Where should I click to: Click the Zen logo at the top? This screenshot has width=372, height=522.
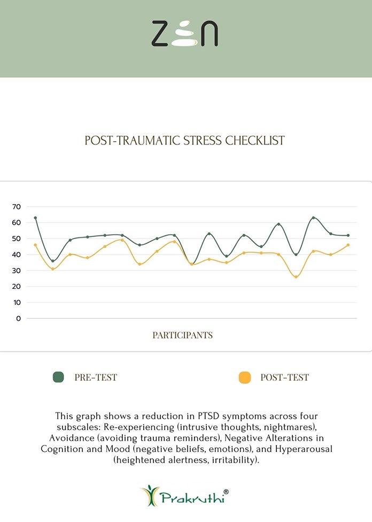click(x=184, y=33)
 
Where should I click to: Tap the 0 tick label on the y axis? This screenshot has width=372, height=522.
click(x=18, y=318)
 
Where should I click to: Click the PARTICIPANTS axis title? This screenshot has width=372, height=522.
click(x=182, y=335)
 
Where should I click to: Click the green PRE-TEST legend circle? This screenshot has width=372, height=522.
click(x=58, y=377)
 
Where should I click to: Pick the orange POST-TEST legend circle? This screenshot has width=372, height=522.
click(x=244, y=377)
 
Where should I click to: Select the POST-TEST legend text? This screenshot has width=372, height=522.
click(x=284, y=377)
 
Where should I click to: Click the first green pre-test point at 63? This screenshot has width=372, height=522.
click(x=35, y=218)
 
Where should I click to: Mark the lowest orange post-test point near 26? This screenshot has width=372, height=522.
click(x=296, y=277)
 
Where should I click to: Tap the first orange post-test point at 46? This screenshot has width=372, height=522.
click(x=35, y=245)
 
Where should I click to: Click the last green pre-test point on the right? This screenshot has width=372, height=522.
click(x=348, y=235)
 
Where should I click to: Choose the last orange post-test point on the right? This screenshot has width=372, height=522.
click(x=348, y=245)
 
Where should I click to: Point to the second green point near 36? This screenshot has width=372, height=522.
click(x=52, y=261)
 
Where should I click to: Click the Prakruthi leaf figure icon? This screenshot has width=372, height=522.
click(x=150, y=495)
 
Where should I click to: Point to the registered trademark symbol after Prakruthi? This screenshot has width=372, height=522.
click(x=227, y=491)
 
